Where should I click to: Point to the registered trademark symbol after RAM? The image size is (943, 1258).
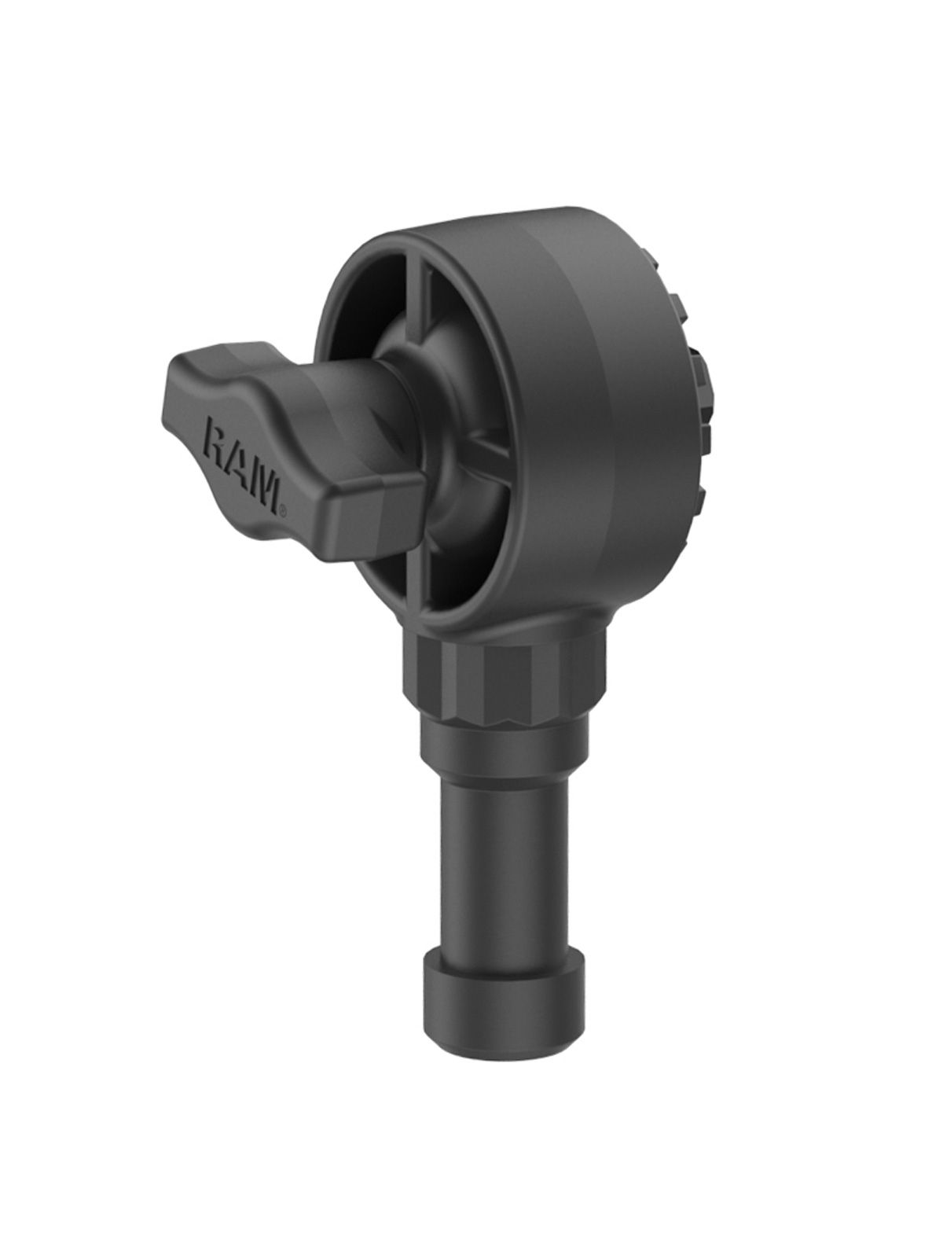point(281,509)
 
